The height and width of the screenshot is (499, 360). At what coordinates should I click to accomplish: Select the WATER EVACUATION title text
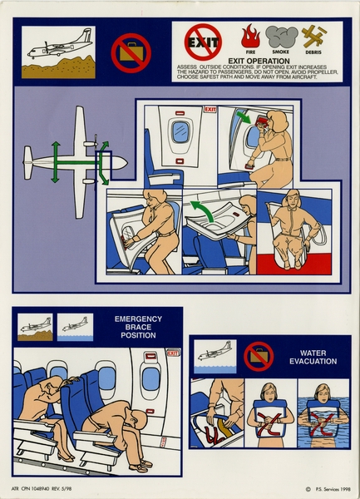[313, 357]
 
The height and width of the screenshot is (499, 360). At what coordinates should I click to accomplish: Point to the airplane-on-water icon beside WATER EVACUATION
[215, 353]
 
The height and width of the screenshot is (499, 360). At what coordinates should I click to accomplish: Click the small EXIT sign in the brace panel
[172, 353]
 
